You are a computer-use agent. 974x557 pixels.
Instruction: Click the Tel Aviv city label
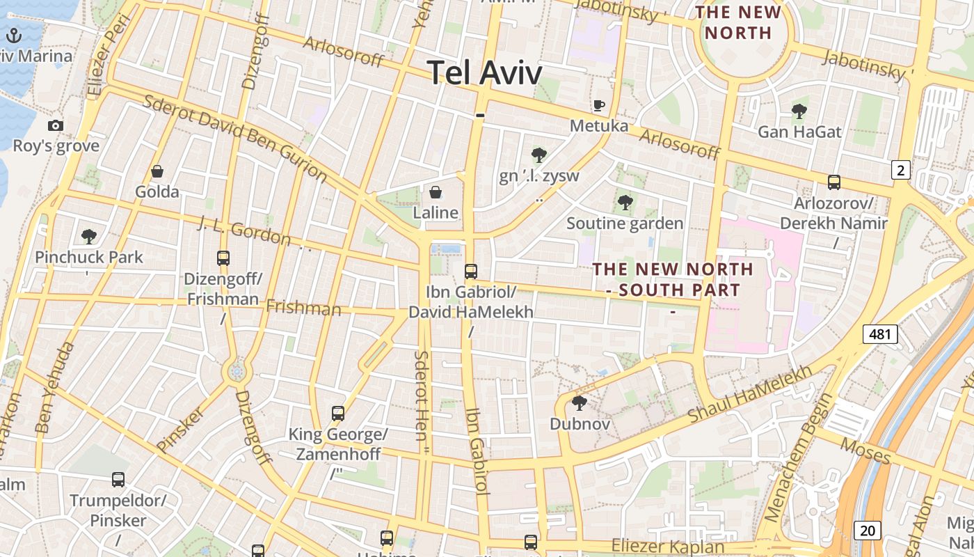pyautogui.click(x=484, y=72)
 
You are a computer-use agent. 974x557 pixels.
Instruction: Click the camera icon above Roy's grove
pyautogui.click(x=56, y=125)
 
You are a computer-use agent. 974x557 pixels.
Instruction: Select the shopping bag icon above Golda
pyautogui.click(x=157, y=171)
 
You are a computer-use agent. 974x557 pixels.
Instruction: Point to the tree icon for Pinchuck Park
pyautogui.click(x=88, y=237)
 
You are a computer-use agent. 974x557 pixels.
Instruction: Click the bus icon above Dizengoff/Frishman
pyautogui.click(x=223, y=258)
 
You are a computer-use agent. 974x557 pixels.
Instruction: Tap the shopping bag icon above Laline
pyautogui.click(x=436, y=192)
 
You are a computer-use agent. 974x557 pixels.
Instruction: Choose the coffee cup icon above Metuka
pyautogui.click(x=598, y=105)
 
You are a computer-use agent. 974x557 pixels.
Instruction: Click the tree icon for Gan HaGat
pyautogui.click(x=799, y=111)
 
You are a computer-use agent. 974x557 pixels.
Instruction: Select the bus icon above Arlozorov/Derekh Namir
pyautogui.click(x=833, y=182)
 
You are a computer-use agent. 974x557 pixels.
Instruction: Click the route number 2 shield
pyautogui.click(x=901, y=170)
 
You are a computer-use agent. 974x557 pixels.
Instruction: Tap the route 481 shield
pyautogui.click(x=880, y=334)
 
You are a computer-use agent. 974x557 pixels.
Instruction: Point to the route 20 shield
pyautogui.click(x=867, y=531)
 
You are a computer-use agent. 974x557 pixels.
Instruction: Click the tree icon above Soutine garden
pyautogui.click(x=625, y=203)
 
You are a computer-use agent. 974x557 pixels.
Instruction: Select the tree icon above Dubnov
pyautogui.click(x=579, y=403)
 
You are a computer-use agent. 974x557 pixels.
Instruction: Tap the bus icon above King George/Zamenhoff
pyautogui.click(x=338, y=414)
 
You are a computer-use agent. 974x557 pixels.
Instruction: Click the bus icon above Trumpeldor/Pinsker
pyautogui.click(x=118, y=479)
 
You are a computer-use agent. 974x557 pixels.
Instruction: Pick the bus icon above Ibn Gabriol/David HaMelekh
pyautogui.click(x=471, y=271)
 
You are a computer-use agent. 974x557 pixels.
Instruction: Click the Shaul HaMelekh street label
pyautogui.click(x=749, y=393)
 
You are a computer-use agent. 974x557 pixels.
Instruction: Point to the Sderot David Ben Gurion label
pyautogui.click(x=234, y=138)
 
